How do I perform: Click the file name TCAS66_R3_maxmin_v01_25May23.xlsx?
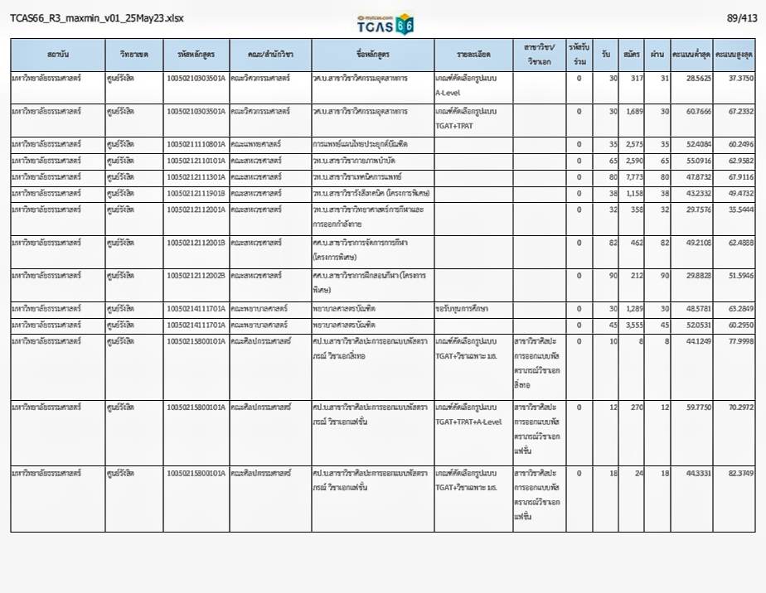tap(97, 18)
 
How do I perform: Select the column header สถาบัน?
tap(58, 55)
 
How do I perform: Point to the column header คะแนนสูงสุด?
tap(734, 55)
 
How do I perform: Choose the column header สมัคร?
tap(633, 55)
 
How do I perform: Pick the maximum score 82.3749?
tap(735, 473)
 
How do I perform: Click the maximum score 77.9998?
tap(735, 340)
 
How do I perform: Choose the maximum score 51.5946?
tap(735, 275)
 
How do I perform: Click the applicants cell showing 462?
tap(634, 242)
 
